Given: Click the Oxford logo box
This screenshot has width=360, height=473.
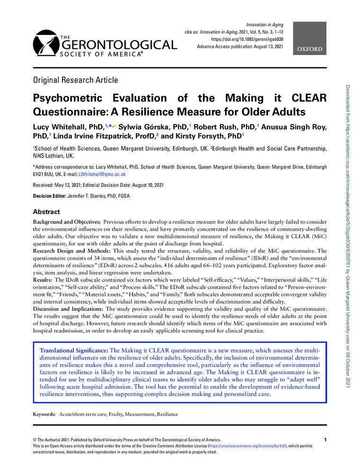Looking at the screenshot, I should click(x=310, y=49).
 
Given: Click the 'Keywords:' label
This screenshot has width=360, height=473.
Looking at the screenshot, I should click(x=44, y=414).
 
